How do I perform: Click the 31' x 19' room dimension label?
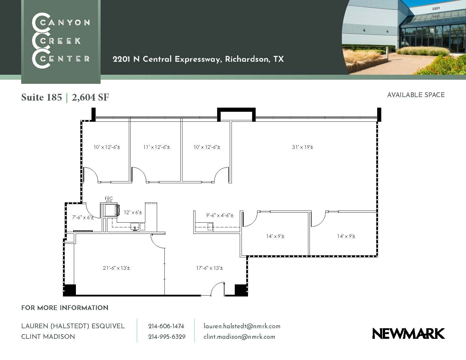tap(302, 147)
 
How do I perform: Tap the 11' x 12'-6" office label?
tap(157, 147)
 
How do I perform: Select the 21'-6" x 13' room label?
tap(116, 268)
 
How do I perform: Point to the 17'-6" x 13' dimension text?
tap(209, 268)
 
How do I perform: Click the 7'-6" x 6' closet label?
tap(83, 217)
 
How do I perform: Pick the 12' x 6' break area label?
tap(133, 212)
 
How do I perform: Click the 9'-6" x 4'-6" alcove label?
tap(219, 215)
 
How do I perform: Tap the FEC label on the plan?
tap(109, 199)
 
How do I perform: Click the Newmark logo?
tap(409, 334)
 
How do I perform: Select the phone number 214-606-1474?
tap(166, 326)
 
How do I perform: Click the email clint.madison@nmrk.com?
tap(239, 337)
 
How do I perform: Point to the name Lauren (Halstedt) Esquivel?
tap(73, 326)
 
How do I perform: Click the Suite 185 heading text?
tap(41, 97)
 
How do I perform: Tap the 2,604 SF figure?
tap(90, 97)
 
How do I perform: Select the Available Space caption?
tap(416, 95)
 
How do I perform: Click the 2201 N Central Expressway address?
tap(198, 59)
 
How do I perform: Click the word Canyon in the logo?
tap(65, 23)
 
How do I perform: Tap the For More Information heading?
tap(65, 308)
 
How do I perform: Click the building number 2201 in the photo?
tap(436, 9)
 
